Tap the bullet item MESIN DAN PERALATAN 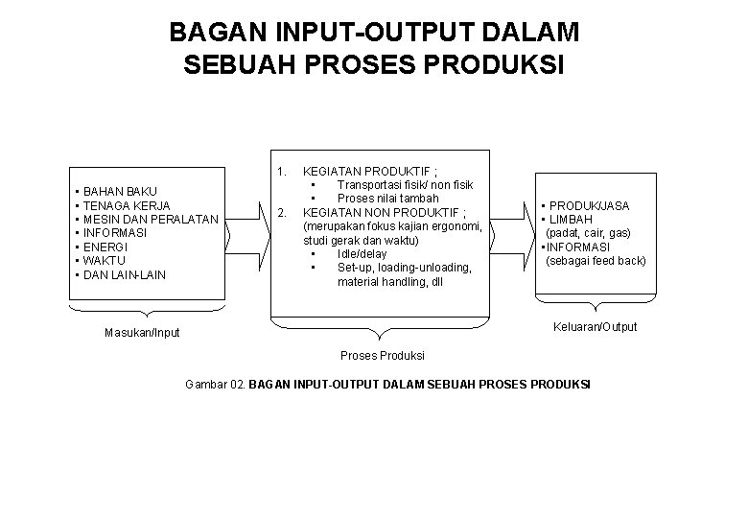pyautogui.click(x=150, y=220)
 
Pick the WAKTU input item pyautogui.click(x=106, y=261)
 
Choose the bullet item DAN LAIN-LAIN pyautogui.click(x=125, y=275)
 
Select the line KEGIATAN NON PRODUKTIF pyautogui.click(x=385, y=212)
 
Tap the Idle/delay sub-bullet pyautogui.click(x=362, y=254)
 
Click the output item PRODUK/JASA pyautogui.click(x=590, y=206)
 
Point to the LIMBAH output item pyautogui.click(x=571, y=220)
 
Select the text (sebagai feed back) pyautogui.click(x=596, y=261)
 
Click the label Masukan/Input pyautogui.click(x=142, y=333)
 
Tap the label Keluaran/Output pyautogui.click(x=595, y=326)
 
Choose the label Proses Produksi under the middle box pyautogui.click(x=383, y=356)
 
